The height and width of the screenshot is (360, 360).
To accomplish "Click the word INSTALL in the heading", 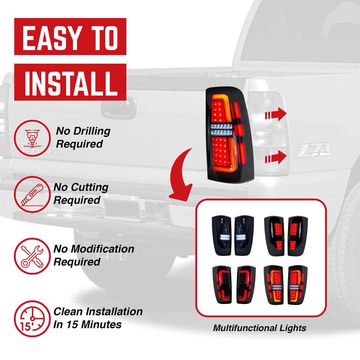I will (70, 82).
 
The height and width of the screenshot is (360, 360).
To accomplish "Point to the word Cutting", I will (90, 187).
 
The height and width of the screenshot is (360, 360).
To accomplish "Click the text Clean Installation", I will (98, 312).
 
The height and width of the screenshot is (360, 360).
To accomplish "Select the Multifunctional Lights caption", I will (259, 328).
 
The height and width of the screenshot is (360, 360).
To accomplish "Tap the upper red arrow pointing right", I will (276, 115).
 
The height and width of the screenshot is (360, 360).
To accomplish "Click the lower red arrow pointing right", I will (276, 157).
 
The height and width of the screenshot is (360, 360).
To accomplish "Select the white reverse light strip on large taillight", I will (221, 130).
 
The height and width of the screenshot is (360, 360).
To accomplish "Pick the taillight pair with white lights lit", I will (233, 236).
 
